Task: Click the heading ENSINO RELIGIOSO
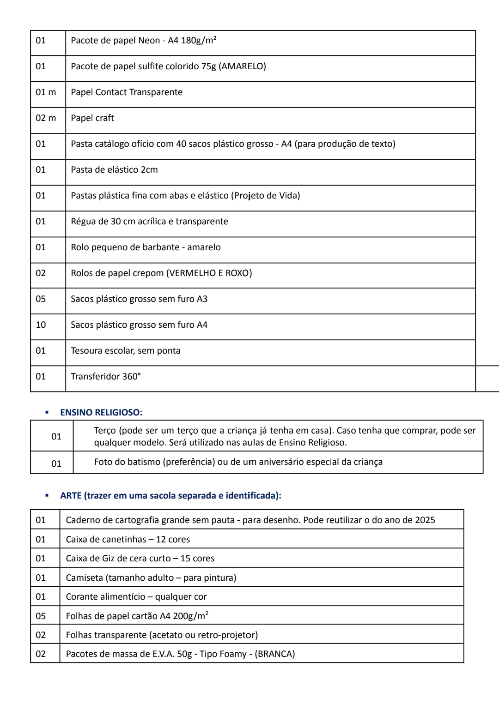click(x=101, y=412)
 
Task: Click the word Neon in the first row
click(x=149, y=41)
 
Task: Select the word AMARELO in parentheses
click(x=242, y=66)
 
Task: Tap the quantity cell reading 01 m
click(x=46, y=92)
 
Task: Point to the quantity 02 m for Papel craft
click(x=46, y=118)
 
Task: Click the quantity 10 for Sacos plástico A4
click(x=41, y=325)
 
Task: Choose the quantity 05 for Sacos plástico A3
click(x=41, y=299)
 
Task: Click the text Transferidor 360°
click(x=105, y=377)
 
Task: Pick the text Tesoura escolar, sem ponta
click(x=125, y=351)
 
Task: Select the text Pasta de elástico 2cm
click(x=114, y=170)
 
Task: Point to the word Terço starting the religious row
click(x=105, y=431)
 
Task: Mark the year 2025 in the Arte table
click(x=425, y=520)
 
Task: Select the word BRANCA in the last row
click(x=276, y=654)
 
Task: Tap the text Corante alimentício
click(x=105, y=597)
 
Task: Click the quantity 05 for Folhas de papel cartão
click(x=41, y=616)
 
